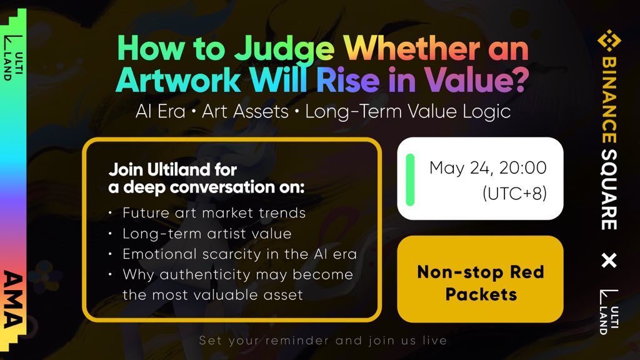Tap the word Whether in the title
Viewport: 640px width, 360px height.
[x=411, y=47]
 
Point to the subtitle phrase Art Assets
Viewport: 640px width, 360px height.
[x=245, y=111]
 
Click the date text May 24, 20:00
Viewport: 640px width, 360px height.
[x=487, y=167]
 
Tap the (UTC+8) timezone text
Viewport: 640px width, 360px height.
[x=514, y=193]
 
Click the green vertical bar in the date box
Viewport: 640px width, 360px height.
[x=410, y=179]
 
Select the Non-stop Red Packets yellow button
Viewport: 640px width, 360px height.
[x=480, y=279]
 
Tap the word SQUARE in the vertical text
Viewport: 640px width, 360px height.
[x=609, y=189]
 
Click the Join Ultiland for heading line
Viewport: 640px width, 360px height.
[x=172, y=169]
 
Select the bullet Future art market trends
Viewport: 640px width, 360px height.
[x=214, y=212]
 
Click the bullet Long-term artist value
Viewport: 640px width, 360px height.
[x=207, y=234]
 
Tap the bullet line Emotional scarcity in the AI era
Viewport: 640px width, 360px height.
[x=239, y=254]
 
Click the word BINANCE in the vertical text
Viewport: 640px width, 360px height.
[x=609, y=100]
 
